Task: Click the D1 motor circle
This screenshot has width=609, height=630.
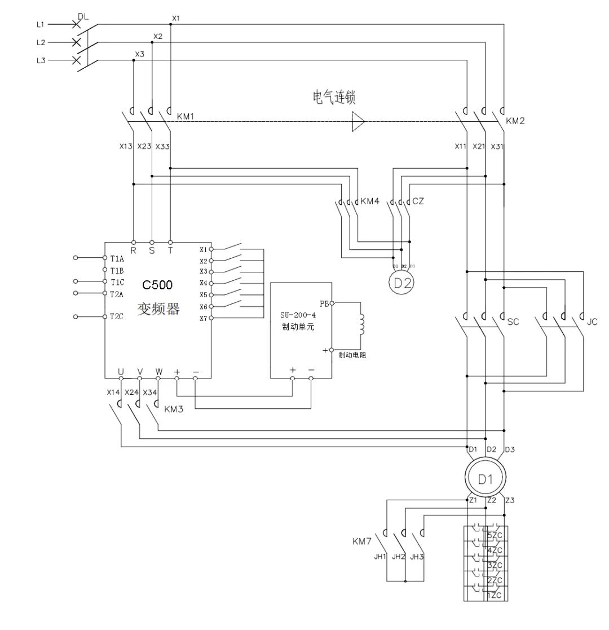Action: click(486, 479)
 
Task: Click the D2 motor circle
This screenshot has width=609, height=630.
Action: click(401, 283)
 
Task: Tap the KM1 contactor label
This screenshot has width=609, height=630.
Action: click(186, 117)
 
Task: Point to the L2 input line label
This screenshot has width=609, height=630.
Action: click(41, 42)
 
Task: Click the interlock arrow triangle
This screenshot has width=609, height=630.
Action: click(358, 121)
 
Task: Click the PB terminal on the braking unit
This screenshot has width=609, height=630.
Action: click(325, 303)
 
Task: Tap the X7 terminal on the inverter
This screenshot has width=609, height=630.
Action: click(204, 318)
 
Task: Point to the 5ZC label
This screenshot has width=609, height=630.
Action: click(492, 535)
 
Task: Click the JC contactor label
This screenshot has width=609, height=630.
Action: click(592, 322)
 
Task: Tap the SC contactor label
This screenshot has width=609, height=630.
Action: click(513, 322)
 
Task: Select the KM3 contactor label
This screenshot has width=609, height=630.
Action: click(174, 409)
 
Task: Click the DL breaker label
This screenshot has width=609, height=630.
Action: click(83, 17)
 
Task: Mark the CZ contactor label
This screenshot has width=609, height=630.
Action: click(418, 201)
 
